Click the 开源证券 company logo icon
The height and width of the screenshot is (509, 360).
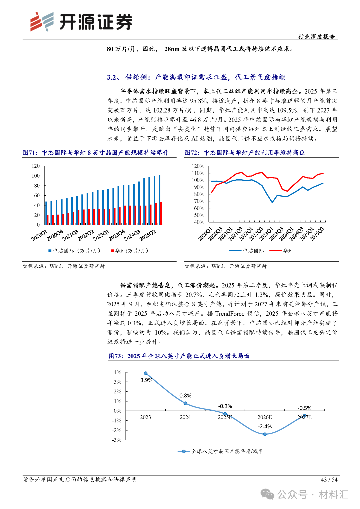(x=42, y=22)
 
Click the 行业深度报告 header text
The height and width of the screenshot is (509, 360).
(x=316, y=36)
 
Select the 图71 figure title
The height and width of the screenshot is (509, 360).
(x=96, y=153)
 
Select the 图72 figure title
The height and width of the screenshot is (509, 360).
(x=245, y=153)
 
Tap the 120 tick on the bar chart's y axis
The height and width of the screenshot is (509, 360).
(x=36, y=166)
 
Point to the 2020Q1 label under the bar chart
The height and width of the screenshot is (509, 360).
(x=39, y=235)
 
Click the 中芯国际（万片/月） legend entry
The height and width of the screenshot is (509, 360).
(x=74, y=251)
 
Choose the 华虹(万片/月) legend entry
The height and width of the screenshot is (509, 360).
(x=130, y=251)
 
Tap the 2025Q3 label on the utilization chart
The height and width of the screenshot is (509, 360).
(x=317, y=234)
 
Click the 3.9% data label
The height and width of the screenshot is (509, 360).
(x=146, y=380)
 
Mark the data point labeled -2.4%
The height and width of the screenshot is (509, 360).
(x=265, y=434)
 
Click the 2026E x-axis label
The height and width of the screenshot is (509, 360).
(x=265, y=417)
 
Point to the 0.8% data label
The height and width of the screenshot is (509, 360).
(x=185, y=396)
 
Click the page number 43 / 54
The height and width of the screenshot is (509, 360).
(x=329, y=480)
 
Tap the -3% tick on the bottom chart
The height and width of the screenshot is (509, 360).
(x=117, y=440)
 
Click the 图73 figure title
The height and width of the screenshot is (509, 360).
(x=179, y=356)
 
